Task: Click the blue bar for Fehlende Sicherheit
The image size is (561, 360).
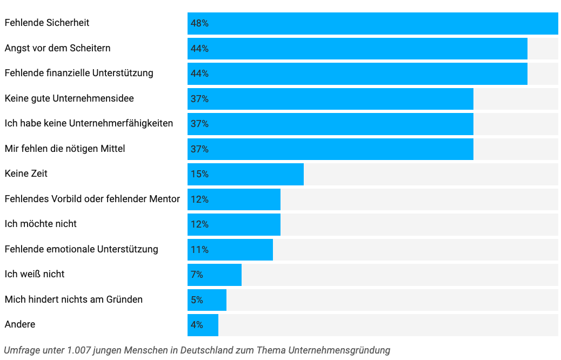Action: click(x=372, y=23)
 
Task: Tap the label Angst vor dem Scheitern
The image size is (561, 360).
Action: click(x=57, y=48)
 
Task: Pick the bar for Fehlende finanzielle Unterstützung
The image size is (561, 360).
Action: click(x=357, y=74)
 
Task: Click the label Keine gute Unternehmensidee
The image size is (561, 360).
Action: click(x=69, y=98)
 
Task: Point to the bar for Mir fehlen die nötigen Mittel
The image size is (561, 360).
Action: click(x=330, y=149)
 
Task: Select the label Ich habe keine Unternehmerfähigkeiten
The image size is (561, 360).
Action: click(x=89, y=123)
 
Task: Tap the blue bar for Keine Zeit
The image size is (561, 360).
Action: click(x=245, y=174)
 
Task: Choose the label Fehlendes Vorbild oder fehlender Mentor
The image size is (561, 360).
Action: click(x=92, y=199)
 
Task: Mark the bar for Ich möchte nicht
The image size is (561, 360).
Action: click(x=234, y=224)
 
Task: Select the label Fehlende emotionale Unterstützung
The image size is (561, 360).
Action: click(x=81, y=249)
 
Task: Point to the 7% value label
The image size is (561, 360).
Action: click(x=197, y=275)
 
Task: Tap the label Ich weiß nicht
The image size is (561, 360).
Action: click(x=35, y=274)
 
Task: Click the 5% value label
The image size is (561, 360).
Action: click(x=197, y=299)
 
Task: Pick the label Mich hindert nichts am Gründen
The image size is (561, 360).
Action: click(x=74, y=299)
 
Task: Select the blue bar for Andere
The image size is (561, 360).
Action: click(x=203, y=325)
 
